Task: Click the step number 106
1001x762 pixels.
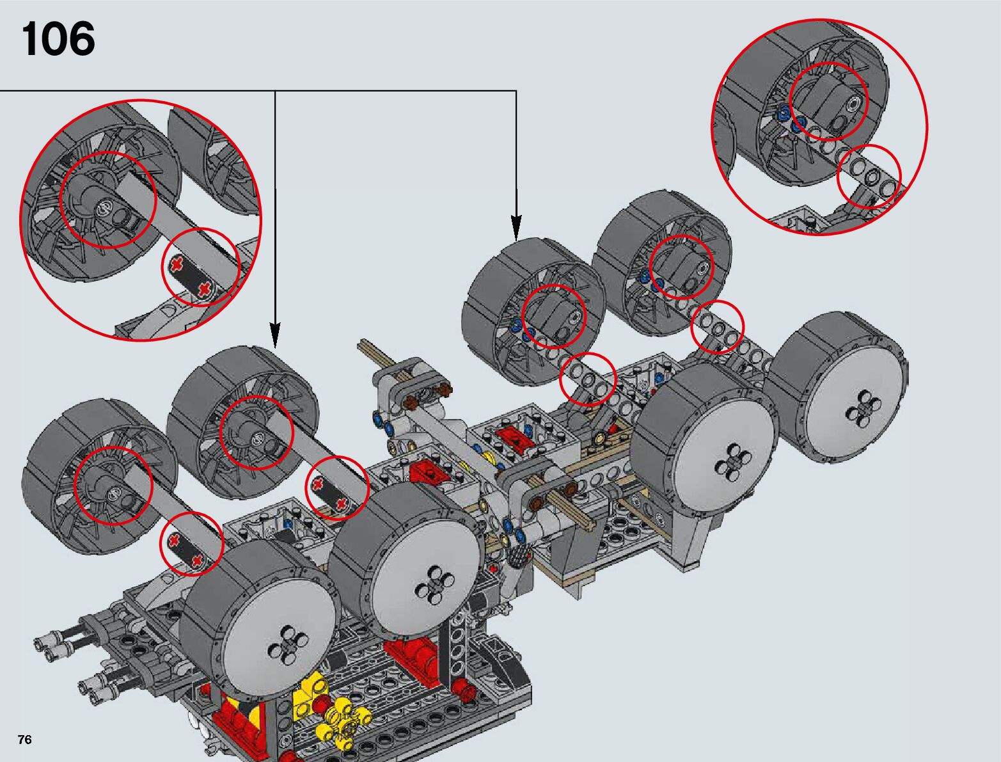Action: (58, 39)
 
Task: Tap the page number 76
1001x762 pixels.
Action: (25, 739)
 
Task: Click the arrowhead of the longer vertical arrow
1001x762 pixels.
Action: (274, 335)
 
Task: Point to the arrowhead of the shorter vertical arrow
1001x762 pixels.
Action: (516, 227)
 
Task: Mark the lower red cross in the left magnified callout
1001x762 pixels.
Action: (205, 289)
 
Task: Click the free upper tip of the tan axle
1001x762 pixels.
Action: (361, 342)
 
